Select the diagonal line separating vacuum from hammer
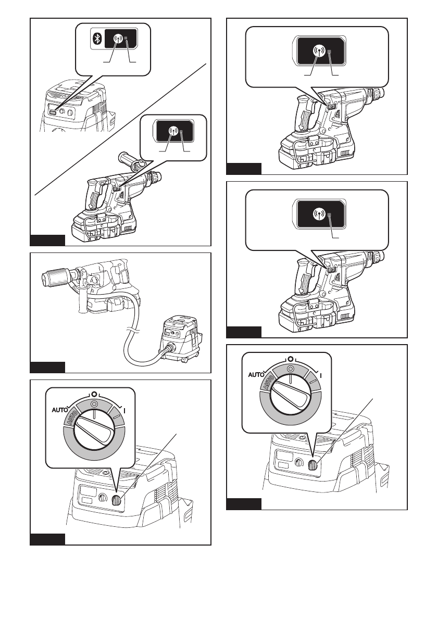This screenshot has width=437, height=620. point(120,130)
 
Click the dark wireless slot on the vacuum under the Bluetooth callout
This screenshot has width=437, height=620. point(54,112)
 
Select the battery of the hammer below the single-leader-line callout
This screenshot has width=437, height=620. point(307,318)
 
